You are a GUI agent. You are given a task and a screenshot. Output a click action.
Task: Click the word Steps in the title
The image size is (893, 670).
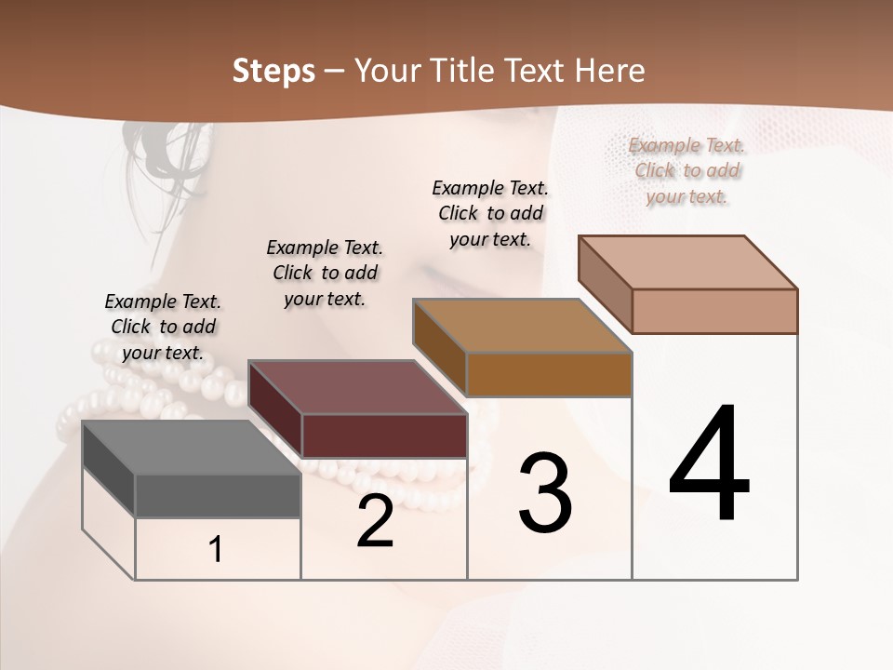point(273,71)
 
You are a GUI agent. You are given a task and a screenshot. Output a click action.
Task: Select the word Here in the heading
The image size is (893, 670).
point(609,71)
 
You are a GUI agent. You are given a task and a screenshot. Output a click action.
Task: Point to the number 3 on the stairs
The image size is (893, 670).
point(545,493)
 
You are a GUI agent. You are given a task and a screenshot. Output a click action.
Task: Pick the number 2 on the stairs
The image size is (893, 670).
point(375,521)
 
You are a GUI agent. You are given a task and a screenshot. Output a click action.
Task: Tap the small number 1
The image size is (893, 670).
point(216,550)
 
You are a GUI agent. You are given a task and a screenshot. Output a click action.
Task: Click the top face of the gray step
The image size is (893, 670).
point(191,448)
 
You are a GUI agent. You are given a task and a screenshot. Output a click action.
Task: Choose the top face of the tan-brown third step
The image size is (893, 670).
point(522,326)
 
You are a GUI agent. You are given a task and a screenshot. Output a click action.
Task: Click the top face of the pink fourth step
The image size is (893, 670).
point(687,262)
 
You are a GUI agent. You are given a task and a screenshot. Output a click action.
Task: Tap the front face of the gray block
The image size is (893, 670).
point(218,496)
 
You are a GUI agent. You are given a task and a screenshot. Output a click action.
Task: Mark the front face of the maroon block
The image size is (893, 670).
point(384,435)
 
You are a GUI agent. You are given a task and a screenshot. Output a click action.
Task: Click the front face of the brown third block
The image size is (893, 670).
point(549,374)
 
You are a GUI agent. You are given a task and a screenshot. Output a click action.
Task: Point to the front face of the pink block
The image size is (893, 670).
point(714,311)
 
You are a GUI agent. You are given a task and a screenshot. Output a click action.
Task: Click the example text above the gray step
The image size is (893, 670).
point(163,327)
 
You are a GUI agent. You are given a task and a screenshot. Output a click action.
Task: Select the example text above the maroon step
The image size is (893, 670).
point(325,273)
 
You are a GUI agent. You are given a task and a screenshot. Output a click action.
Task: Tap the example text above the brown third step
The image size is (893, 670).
point(490,213)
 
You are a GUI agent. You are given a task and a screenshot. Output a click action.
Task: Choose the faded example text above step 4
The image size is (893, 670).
point(686,170)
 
